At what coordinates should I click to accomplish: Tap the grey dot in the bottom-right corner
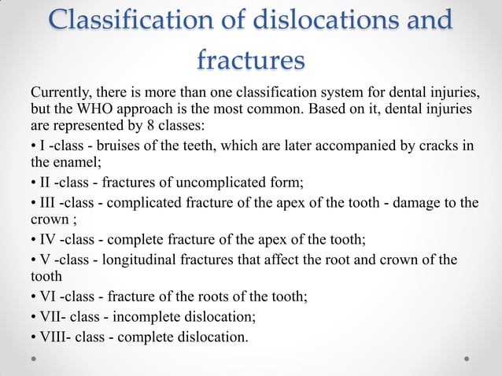tap(467, 359)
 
